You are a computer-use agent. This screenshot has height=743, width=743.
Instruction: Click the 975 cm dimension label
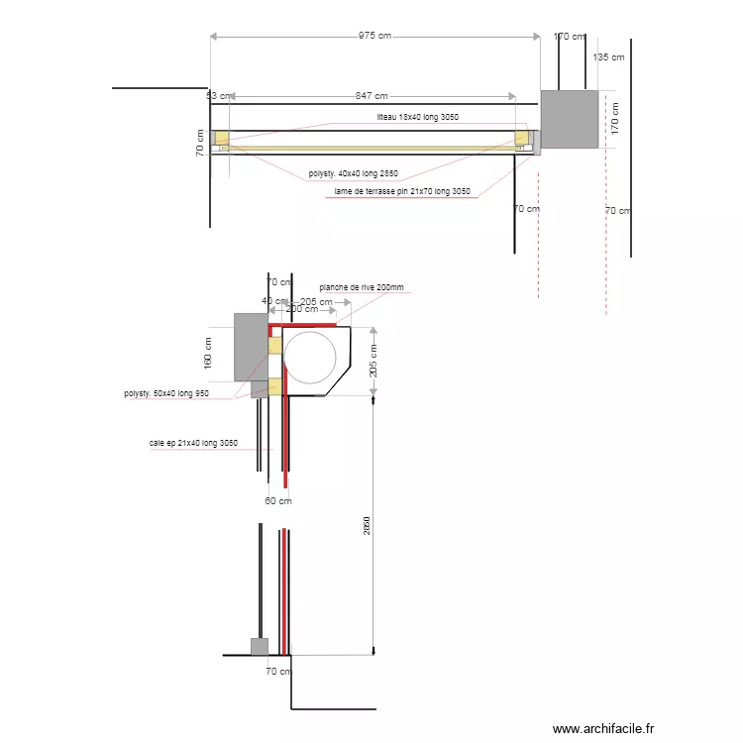click(374, 36)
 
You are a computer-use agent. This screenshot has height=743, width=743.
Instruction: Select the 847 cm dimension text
click(371, 96)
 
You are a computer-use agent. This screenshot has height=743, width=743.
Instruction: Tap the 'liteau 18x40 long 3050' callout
click(417, 117)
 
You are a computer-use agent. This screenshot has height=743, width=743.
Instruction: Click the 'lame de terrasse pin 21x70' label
click(402, 192)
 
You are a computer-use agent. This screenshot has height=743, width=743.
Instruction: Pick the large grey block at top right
click(570, 119)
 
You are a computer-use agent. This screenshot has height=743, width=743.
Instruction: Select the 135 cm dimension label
click(608, 57)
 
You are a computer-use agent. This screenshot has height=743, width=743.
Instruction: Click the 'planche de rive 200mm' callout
click(362, 287)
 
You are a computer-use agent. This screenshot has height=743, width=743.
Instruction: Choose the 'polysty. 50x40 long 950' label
click(166, 393)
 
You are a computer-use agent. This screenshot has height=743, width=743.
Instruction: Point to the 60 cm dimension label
click(278, 500)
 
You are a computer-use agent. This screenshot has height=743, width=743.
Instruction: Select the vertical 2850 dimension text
click(366, 527)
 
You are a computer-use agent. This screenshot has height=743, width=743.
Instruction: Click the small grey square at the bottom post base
click(259, 647)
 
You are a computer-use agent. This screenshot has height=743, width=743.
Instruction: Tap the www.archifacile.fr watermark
click(603, 728)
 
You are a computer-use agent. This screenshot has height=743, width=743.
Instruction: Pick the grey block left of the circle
click(249, 347)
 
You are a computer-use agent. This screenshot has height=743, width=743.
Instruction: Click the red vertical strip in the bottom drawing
click(286, 590)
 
